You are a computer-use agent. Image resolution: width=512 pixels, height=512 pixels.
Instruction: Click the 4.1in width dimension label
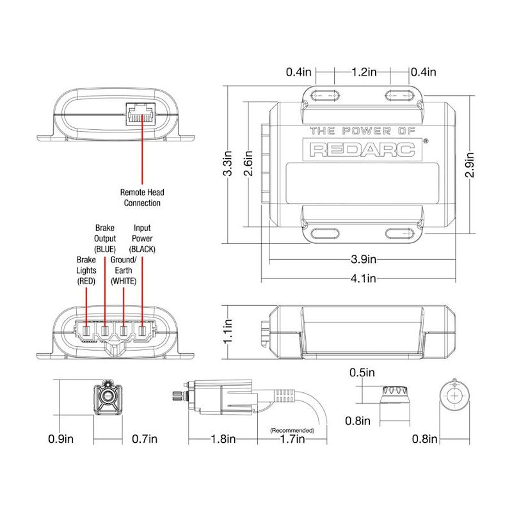362,278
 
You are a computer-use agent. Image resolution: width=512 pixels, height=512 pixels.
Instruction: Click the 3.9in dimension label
362,259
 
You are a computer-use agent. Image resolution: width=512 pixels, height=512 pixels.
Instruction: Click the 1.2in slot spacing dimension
363,72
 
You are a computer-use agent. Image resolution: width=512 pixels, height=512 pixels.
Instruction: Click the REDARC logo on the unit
362,149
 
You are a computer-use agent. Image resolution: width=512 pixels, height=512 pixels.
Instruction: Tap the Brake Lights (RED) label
86,270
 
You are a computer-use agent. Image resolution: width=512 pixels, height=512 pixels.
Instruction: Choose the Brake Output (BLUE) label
104,237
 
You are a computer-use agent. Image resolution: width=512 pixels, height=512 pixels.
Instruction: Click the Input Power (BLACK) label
142,237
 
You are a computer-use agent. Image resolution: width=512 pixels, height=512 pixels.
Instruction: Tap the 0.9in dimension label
61,439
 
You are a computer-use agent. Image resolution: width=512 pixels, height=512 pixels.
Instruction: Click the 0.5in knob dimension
362,372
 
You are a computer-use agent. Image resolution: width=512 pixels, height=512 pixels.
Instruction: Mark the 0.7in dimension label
144,439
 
